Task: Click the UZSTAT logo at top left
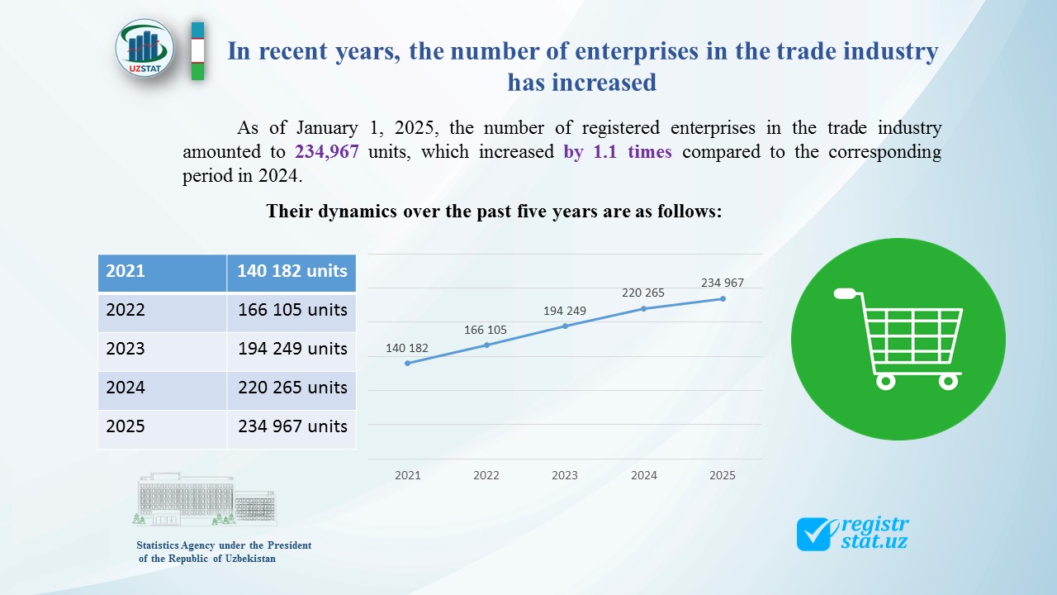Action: [x=145, y=49]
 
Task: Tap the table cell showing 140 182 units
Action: [x=292, y=271]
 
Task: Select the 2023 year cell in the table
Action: [x=126, y=349]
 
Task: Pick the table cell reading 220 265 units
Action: [x=292, y=388]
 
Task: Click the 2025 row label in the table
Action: [x=126, y=426]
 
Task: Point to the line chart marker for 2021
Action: [x=408, y=363]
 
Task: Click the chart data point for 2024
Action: [x=644, y=308]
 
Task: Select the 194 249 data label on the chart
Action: [x=565, y=311]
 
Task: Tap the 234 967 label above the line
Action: [x=723, y=283]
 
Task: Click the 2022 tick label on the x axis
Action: [x=486, y=475]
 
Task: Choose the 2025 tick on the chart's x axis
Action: [x=723, y=475]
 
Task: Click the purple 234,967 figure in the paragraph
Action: [x=326, y=153]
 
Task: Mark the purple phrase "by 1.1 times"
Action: [x=618, y=153]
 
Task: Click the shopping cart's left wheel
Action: [x=885, y=381]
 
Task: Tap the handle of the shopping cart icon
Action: [x=846, y=293]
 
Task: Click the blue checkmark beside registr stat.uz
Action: [x=816, y=534]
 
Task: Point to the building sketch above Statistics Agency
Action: [x=204, y=499]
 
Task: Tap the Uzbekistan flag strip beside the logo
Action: [x=197, y=50]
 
